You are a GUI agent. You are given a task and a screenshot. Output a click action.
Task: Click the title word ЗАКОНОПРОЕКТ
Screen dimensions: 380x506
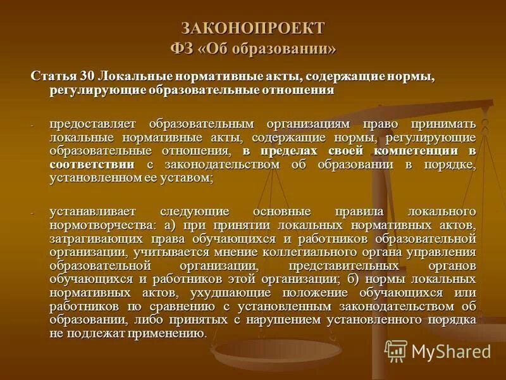pos(253,28)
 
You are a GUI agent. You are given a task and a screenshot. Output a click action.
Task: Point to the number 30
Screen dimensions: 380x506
pos(87,76)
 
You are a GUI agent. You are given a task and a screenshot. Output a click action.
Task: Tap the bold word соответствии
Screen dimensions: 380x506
pos(92,165)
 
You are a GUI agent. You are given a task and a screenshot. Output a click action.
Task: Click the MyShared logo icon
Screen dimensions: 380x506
pos(396,351)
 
